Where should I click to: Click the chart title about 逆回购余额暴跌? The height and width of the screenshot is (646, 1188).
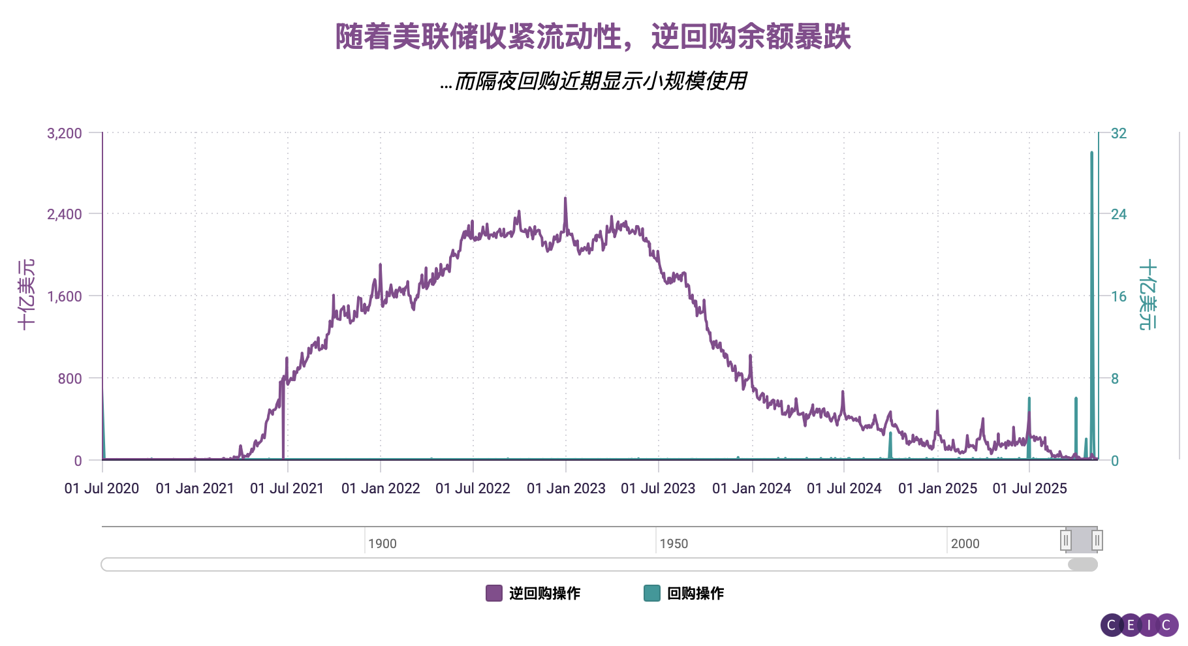pyautogui.click(x=593, y=37)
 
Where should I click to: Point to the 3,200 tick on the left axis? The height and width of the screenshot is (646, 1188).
pyautogui.click(x=65, y=134)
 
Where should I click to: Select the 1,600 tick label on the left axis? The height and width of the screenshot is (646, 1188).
pyautogui.click(x=65, y=296)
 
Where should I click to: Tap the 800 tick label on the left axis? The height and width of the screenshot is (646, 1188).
pyautogui.click(x=70, y=378)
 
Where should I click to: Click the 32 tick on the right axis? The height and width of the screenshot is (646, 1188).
pyautogui.click(x=1119, y=134)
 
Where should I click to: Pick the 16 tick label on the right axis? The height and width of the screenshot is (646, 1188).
pyautogui.click(x=1119, y=296)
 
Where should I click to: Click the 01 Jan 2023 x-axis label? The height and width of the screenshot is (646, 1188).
pyautogui.click(x=566, y=488)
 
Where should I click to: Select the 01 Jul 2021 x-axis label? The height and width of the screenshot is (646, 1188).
pyautogui.click(x=287, y=488)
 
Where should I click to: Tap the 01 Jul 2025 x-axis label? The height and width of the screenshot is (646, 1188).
pyautogui.click(x=1029, y=488)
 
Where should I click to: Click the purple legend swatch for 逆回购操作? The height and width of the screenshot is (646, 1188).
pyautogui.click(x=494, y=593)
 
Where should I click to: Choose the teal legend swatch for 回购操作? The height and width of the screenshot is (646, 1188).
pyautogui.click(x=651, y=593)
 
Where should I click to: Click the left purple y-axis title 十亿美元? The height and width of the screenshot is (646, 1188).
pyautogui.click(x=26, y=294)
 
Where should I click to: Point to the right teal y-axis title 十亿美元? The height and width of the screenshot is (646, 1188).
pyautogui.click(x=1148, y=294)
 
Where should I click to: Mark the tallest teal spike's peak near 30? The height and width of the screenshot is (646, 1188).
pyautogui.click(x=1091, y=153)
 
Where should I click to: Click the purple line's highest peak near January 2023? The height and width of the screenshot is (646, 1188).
pyautogui.click(x=565, y=198)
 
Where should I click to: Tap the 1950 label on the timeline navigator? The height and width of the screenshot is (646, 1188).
pyautogui.click(x=674, y=544)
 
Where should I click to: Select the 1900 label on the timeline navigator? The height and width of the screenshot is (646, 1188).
pyautogui.click(x=383, y=544)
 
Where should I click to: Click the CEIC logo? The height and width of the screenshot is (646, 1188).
pyautogui.click(x=1139, y=625)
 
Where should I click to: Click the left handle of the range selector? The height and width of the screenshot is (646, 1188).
pyautogui.click(x=1066, y=540)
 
